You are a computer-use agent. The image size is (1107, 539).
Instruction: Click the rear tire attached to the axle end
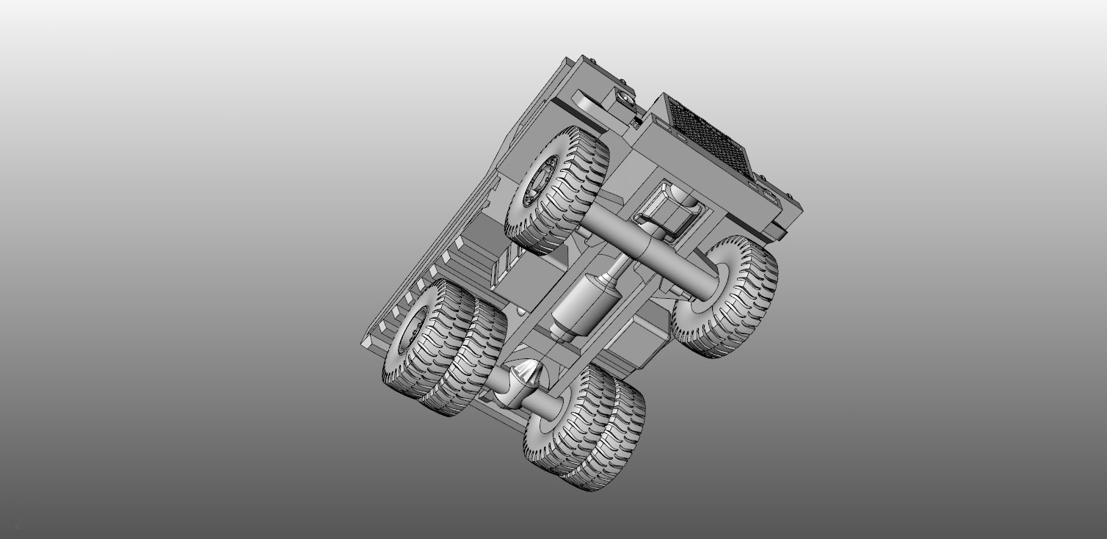[562, 419]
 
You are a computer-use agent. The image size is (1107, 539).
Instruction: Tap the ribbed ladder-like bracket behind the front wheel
[507, 261]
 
